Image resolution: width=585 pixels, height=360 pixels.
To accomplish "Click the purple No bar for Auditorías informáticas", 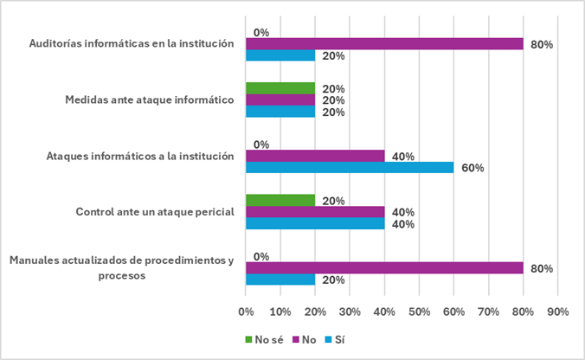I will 384,44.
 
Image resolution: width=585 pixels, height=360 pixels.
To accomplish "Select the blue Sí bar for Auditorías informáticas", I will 280,56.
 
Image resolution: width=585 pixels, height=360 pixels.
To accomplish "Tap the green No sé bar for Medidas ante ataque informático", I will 280,88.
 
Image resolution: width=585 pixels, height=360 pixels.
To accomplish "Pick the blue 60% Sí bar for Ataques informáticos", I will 350,168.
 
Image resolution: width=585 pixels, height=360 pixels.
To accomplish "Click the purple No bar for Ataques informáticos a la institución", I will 315,157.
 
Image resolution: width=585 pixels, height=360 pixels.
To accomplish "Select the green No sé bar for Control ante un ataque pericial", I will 280,200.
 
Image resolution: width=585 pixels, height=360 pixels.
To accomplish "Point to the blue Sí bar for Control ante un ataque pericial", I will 315,224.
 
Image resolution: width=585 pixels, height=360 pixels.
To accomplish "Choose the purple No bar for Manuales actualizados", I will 384,268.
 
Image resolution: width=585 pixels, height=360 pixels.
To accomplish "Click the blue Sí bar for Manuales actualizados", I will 280,280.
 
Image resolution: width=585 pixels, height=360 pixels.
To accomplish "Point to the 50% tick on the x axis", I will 419,311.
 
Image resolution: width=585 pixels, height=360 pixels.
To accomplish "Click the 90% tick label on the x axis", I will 557,311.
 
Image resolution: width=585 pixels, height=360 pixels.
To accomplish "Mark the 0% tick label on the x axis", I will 246,311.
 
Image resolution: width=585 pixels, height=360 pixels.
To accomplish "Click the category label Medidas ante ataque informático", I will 151,100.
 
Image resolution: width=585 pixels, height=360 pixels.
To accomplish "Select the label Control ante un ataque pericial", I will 156,212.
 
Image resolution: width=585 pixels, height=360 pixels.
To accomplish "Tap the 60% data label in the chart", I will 472,168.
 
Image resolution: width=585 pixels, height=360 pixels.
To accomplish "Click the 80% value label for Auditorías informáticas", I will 542,44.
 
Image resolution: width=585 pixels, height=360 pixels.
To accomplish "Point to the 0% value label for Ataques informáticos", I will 260,145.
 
